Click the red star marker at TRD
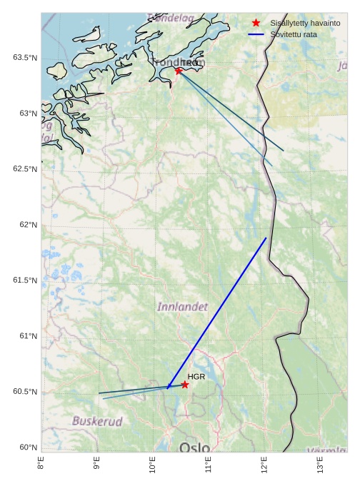179,71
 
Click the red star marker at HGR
184,385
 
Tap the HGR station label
196,376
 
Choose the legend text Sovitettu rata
294,34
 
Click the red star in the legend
256,24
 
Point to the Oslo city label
195,447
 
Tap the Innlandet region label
182,307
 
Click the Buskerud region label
97,421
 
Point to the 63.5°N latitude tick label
25,57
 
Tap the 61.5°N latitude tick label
25,280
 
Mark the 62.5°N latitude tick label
25,169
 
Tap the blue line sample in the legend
256,34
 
